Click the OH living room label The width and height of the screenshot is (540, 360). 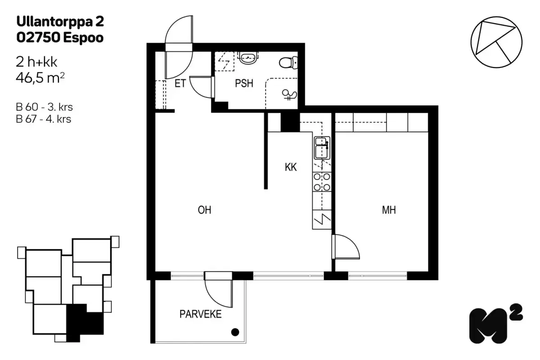click(204, 210)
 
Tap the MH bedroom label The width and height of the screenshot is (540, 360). click(389, 210)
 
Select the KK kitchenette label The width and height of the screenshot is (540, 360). click(291, 167)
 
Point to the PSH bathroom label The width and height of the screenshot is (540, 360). click(244, 84)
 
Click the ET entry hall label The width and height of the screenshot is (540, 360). click(180, 84)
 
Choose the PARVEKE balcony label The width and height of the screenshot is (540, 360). click(201, 314)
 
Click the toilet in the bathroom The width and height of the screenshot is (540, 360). click(287, 62)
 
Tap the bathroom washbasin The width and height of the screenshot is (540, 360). click(247, 57)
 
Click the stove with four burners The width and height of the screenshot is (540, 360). click(322, 182)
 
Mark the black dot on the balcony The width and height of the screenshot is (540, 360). click(234, 333)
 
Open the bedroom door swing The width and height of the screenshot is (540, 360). click(346, 247)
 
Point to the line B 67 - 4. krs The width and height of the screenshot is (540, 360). click(44, 119)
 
